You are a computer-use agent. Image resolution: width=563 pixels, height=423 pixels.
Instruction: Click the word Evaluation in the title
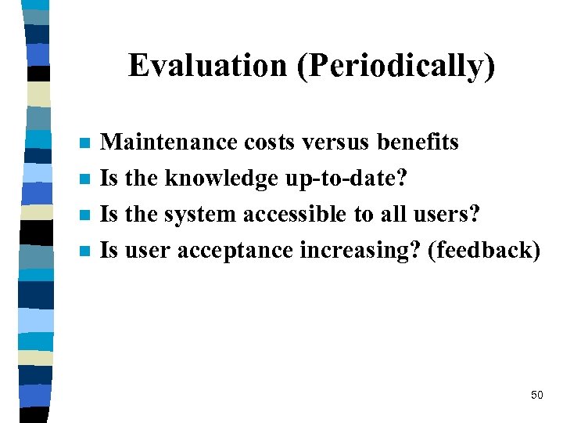[209, 66]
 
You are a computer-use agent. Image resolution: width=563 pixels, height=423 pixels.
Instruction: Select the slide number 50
[536, 395]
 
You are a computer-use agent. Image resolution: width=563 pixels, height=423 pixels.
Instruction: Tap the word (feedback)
[485, 250]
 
